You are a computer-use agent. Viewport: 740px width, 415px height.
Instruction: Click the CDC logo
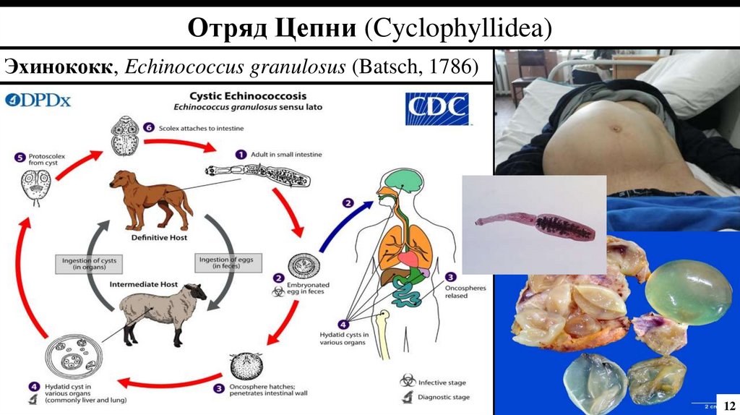pyautogui.click(x=436, y=109)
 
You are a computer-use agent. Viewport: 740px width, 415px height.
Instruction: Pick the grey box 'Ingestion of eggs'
pyautogui.click(x=222, y=263)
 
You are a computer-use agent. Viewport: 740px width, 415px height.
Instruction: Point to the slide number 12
pyautogui.click(x=728, y=403)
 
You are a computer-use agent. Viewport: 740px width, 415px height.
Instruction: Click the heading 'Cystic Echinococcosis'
pyautogui.click(x=247, y=96)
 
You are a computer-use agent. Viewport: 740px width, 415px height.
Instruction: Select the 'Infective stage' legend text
pyautogui.click(x=442, y=382)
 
